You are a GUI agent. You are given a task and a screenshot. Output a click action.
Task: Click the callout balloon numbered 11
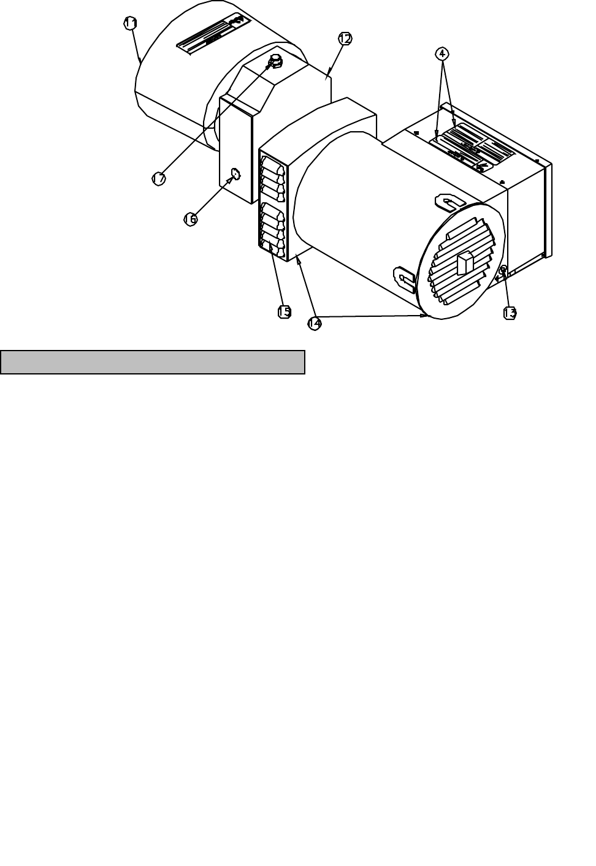point(130,23)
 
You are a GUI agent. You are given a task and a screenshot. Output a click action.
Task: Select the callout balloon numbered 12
point(345,39)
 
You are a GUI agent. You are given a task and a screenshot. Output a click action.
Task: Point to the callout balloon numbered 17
point(159,178)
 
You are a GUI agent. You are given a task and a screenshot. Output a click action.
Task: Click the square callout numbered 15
point(284,311)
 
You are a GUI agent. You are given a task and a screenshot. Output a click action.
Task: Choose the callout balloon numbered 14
point(315,323)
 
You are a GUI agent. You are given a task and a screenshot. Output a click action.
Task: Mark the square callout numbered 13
point(510,313)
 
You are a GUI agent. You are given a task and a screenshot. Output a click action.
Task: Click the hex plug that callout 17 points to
point(275,60)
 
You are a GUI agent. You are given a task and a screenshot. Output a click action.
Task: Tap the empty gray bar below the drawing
point(153,362)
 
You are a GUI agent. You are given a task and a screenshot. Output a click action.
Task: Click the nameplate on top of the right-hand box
point(472,148)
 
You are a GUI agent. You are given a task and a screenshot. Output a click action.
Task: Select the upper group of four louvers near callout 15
point(273,178)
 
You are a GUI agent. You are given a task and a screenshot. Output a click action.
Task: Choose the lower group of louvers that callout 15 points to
point(273,230)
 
